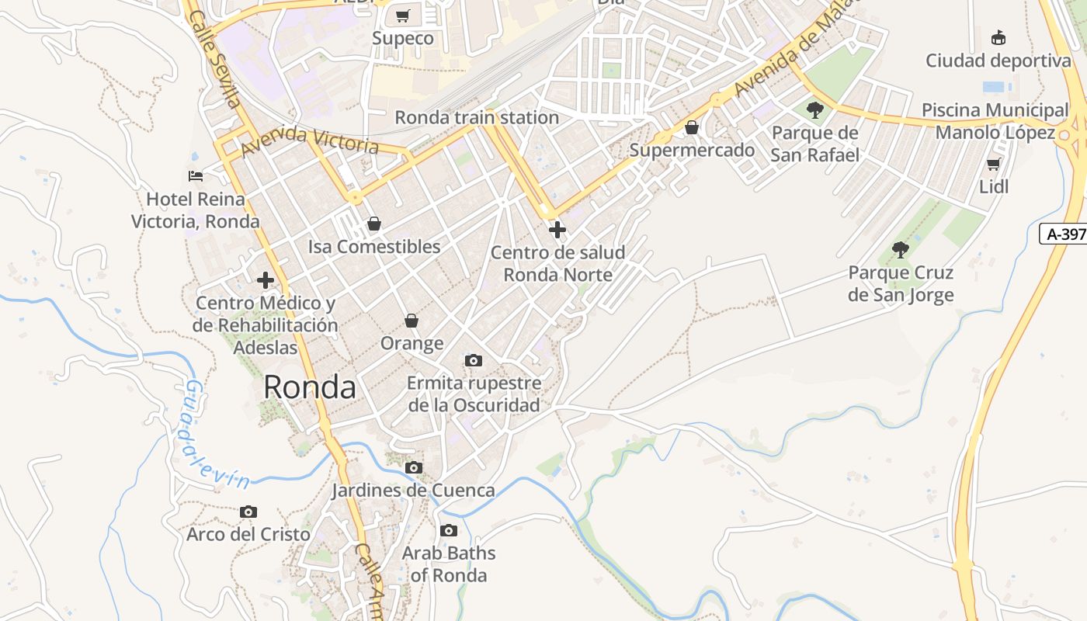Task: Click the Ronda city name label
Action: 310,387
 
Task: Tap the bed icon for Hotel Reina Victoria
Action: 196,176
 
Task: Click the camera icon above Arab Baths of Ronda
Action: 448,531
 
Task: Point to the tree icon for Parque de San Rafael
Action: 814,109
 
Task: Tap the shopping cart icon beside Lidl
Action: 993,164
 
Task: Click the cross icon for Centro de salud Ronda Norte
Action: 557,230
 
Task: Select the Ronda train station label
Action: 477,117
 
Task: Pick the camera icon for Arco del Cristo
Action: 248,512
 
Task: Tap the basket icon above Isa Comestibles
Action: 374,224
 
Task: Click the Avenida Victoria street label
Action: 310,141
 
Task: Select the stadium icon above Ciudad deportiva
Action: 998,37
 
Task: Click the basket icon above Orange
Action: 412,321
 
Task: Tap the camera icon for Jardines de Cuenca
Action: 414,467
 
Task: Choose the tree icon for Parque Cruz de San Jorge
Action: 901,249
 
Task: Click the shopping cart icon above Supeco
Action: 402,16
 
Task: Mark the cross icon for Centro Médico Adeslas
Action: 266,279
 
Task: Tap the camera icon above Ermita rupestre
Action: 474,360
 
